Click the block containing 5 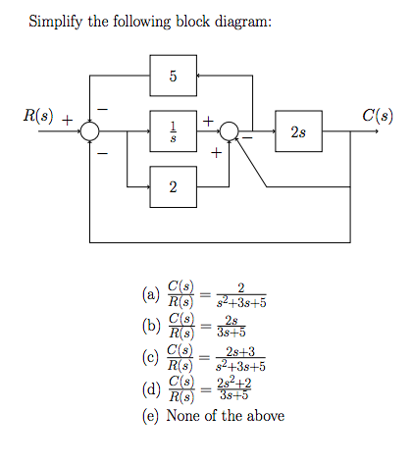coord(173,75)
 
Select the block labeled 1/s coord(173,129)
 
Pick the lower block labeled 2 coord(173,186)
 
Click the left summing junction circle coord(90,129)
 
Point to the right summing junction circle coord(230,129)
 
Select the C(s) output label coord(379,114)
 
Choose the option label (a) coord(150,294)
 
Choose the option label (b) coord(150,325)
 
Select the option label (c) coord(150,355)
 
